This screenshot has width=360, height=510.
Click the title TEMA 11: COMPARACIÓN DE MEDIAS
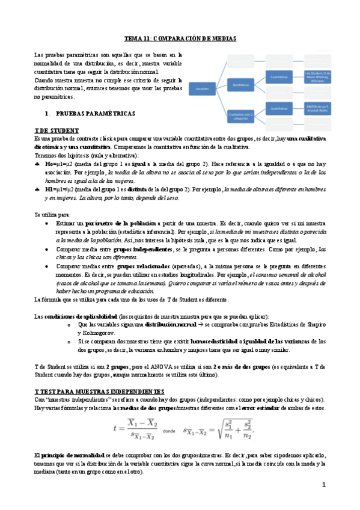point(180,38)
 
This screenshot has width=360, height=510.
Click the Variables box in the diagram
point(203,88)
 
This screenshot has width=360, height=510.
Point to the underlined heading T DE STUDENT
point(56,131)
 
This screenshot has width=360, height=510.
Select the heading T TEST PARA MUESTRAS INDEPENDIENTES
point(96,391)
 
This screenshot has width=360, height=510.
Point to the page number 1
point(323,485)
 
